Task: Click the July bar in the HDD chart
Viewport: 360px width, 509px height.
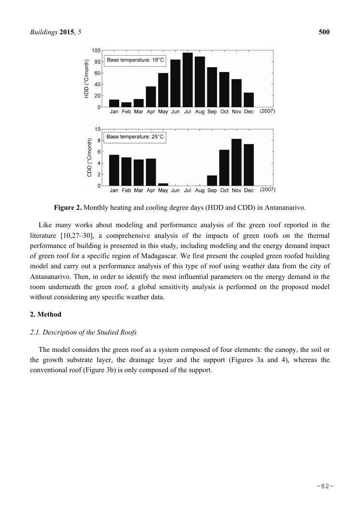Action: click(x=187, y=80)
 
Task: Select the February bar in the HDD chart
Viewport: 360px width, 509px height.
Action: click(x=126, y=104)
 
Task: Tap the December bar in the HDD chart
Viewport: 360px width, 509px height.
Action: click(x=249, y=100)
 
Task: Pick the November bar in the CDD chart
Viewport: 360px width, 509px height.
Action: click(x=236, y=162)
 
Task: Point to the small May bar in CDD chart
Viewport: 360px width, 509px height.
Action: click(x=163, y=184)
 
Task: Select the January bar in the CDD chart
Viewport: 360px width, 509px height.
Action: click(x=114, y=170)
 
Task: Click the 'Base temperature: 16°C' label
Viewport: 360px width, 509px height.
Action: click(x=135, y=60)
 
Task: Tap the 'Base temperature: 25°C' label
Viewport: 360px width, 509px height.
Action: click(x=135, y=137)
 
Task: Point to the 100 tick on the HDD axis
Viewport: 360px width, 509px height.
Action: click(x=96, y=51)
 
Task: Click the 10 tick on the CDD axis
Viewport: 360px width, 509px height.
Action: click(x=98, y=130)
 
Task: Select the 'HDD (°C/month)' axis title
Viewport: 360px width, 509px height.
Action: click(x=87, y=79)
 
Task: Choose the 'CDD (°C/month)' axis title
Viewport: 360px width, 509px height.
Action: click(x=89, y=157)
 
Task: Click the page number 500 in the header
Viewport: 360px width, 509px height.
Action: click(x=324, y=32)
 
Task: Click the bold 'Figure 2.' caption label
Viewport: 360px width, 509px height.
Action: click(x=68, y=208)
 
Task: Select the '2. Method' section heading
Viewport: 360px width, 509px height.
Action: click(x=45, y=314)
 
